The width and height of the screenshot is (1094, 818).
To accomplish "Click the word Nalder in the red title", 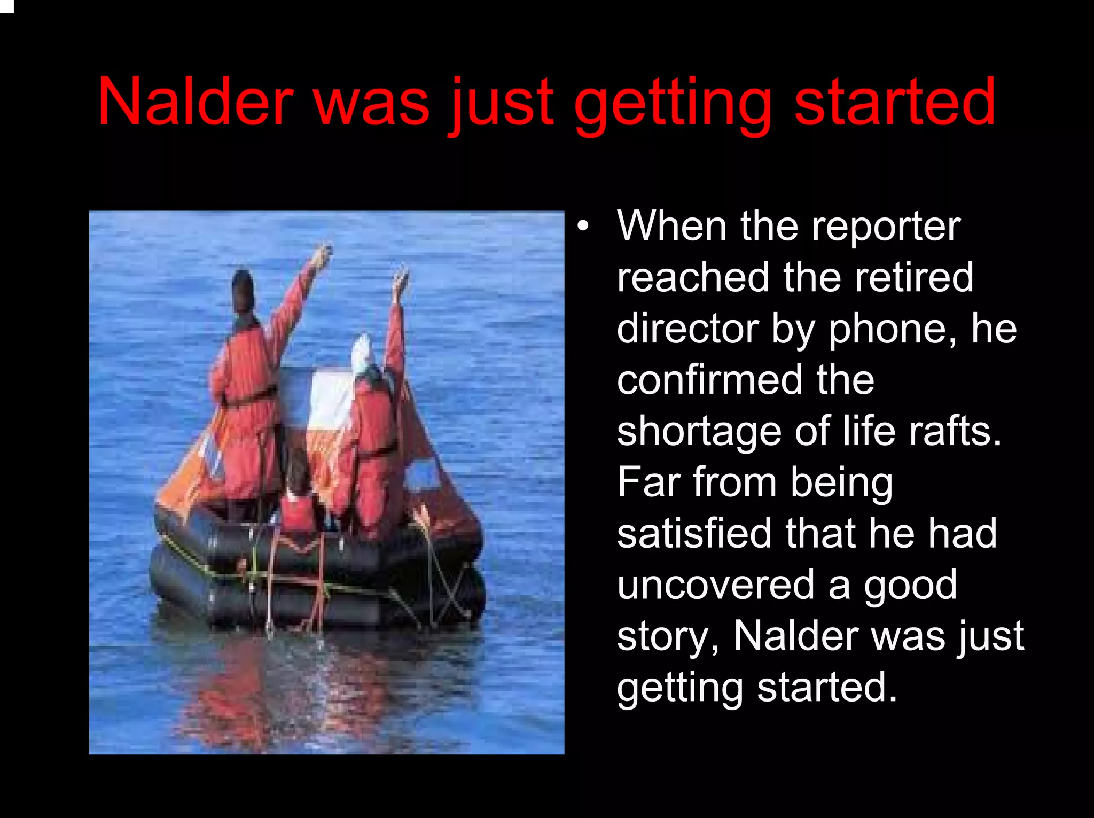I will pyautogui.click(x=196, y=102).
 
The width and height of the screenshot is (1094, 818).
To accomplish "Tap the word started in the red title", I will pyautogui.click(x=895, y=102).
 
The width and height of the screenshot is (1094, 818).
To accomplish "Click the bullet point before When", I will pyautogui.click(x=583, y=227).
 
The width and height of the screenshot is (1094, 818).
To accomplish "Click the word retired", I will pyautogui.click(x=913, y=278).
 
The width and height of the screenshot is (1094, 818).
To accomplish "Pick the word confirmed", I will pyautogui.click(x=709, y=380).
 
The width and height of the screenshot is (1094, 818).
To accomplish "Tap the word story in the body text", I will pyautogui.click(x=668, y=637).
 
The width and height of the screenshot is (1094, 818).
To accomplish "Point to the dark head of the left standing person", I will pyautogui.click(x=243, y=291).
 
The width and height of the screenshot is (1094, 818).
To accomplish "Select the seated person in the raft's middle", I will pyautogui.click(x=298, y=502).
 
